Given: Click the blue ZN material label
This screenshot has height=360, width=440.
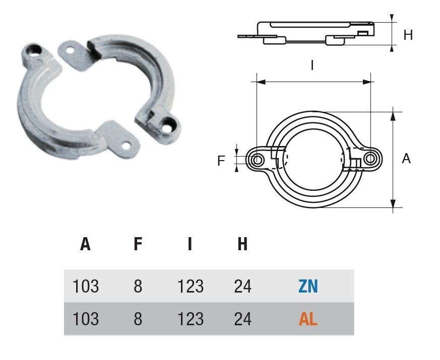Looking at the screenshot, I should tap(307, 286).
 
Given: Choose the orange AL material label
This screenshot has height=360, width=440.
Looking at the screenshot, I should tap(308, 319).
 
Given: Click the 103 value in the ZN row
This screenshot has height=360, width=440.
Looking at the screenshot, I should tap(86, 286).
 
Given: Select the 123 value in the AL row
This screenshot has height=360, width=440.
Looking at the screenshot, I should tap(191, 319).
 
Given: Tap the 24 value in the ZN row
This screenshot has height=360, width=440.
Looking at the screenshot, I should tap(242, 286).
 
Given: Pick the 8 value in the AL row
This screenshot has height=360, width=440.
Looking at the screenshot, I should tap(138, 319).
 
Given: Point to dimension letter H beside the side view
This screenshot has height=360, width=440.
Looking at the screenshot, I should tap(408, 35).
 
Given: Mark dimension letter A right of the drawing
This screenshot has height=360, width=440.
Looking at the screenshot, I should tap(406, 159).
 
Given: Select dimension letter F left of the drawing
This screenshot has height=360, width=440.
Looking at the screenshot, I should tap(221, 161).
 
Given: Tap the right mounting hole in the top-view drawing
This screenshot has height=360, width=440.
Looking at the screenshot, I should tap(371, 159).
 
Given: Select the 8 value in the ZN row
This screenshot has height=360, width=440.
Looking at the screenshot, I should tap(138, 286).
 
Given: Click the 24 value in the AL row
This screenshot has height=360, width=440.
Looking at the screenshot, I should tap(242, 319).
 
